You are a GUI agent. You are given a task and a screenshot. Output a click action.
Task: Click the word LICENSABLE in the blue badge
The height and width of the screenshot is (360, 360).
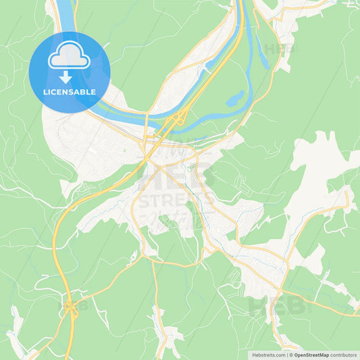pyautogui.click(x=69, y=91)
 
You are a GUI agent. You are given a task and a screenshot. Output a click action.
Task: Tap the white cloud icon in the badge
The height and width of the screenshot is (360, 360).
pyautogui.click(x=69, y=57)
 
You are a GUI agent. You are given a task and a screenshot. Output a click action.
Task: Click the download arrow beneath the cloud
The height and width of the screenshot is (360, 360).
pyautogui.click(x=66, y=77)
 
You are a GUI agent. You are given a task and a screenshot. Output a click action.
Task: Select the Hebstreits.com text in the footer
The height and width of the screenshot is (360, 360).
pyautogui.click(x=267, y=354)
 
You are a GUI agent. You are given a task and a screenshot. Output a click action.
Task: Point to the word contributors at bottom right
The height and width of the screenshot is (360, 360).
pyautogui.click(x=344, y=354)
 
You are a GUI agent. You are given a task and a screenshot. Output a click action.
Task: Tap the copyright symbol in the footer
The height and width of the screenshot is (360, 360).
pyautogui.click(x=290, y=354)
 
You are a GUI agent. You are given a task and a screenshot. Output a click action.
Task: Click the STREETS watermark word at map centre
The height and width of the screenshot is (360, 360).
pyautogui.click(x=177, y=200)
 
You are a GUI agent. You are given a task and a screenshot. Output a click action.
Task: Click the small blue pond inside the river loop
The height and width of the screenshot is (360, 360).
pyautogui.click(x=234, y=100)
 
